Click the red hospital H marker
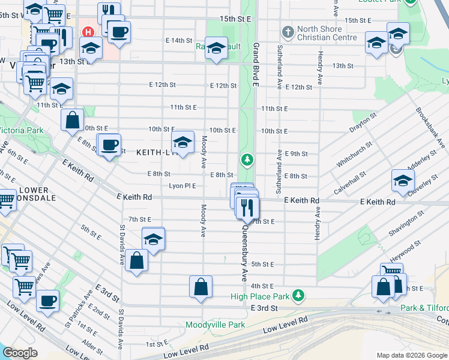[x=89, y=32]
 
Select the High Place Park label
[x=262, y=296]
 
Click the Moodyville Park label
[x=215, y=325]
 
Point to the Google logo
[x=20, y=353]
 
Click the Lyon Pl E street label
[x=182, y=186]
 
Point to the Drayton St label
[x=364, y=122]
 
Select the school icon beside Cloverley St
[x=403, y=179]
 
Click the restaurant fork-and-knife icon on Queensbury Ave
[x=247, y=208]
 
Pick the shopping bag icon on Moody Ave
[x=200, y=286]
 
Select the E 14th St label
[x=178, y=40]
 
